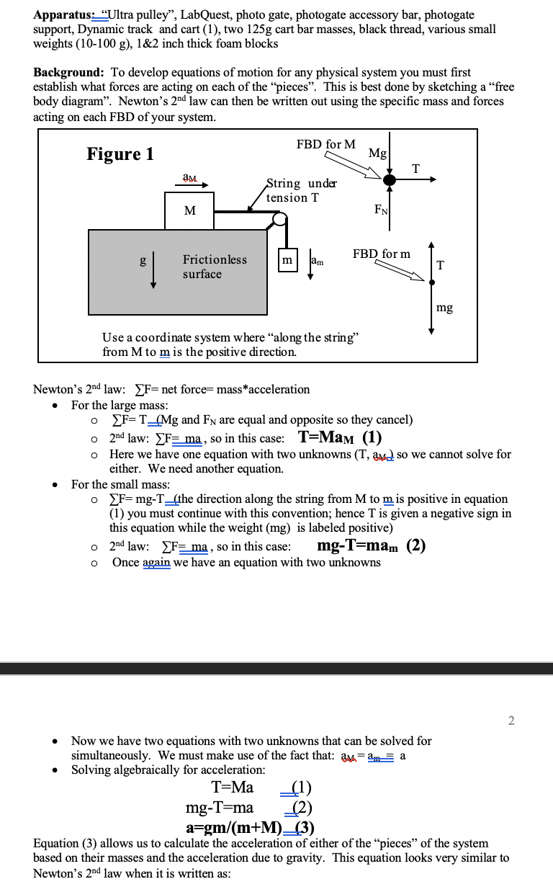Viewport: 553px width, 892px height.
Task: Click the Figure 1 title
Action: [x=120, y=154]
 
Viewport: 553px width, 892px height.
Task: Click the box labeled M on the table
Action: [x=189, y=210]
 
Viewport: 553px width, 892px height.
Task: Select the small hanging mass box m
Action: [x=287, y=260]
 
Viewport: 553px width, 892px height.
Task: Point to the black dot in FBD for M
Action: [x=390, y=180]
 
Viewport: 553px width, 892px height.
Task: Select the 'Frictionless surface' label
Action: [x=214, y=267]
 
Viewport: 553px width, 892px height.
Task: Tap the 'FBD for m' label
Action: [x=382, y=254]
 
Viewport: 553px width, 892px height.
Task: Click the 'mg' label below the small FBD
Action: [x=444, y=308]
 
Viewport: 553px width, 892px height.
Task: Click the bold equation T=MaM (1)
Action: [x=339, y=438]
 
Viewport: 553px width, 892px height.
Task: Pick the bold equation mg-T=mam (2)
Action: [x=370, y=545]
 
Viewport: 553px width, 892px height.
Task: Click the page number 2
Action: [x=511, y=721]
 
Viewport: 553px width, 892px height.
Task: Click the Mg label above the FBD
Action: [x=377, y=153]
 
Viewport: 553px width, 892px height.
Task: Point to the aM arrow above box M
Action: [x=196, y=183]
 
